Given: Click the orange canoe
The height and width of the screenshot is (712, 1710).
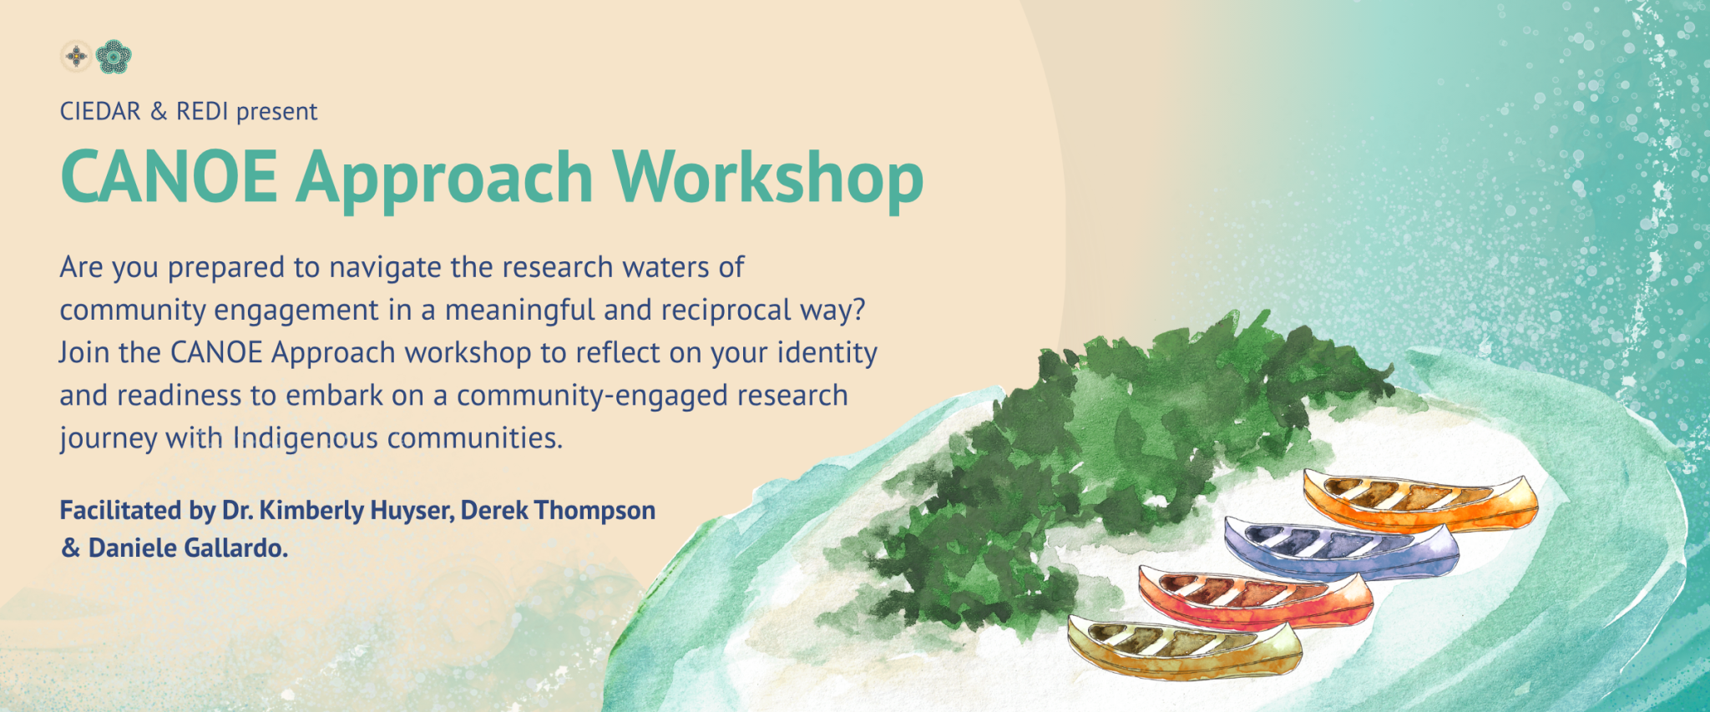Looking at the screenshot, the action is [x=1419, y=501].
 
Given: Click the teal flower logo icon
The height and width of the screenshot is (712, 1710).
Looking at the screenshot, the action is [x=114, y=57].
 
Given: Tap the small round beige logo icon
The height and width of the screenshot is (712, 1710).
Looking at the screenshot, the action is [x=76, y=57].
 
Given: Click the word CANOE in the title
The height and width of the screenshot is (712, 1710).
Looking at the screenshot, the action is [x=169, y=177].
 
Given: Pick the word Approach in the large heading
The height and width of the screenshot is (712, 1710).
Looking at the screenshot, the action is [x=444, y=179].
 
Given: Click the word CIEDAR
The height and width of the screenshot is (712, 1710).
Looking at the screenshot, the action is [x=100, y=112].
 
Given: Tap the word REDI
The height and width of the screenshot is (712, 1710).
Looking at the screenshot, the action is [x=202, y=112].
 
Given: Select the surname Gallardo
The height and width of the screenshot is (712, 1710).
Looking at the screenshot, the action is [x=243, y=548].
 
